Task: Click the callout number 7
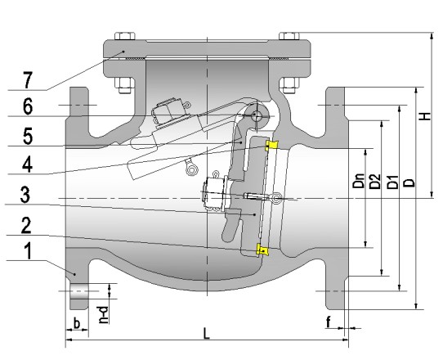pyautogui.click(x=28, y=80)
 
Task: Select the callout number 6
pyautogui.click(x=28, y=106)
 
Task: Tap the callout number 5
pyautogui.click(x=28, y=136)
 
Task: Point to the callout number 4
pyautogui.click(x=28, y=164)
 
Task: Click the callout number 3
pyautogui.click(x=25, y=195)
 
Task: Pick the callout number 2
pyautogui.click(x=26, y=225)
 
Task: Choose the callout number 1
pyautogui.click(x=29, y=251)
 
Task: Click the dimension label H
pyautogui.click(x=425, y=116)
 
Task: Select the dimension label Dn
pyautogui.click(x=359, y=181)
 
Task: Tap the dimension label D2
pyautogui.click(x=375, y=182)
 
